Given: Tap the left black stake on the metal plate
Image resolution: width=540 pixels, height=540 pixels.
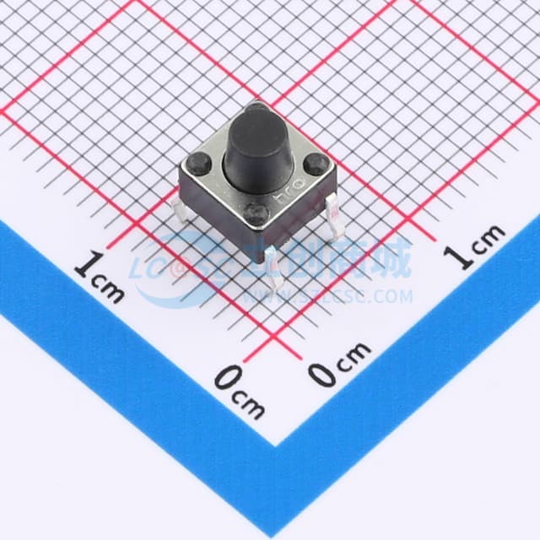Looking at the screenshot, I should point(200,159).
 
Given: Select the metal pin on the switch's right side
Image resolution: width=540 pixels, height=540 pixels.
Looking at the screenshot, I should point(331,207).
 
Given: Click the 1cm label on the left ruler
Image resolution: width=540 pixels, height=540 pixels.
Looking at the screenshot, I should point(99,276).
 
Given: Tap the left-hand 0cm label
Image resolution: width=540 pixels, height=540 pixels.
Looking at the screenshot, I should point(238,391).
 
